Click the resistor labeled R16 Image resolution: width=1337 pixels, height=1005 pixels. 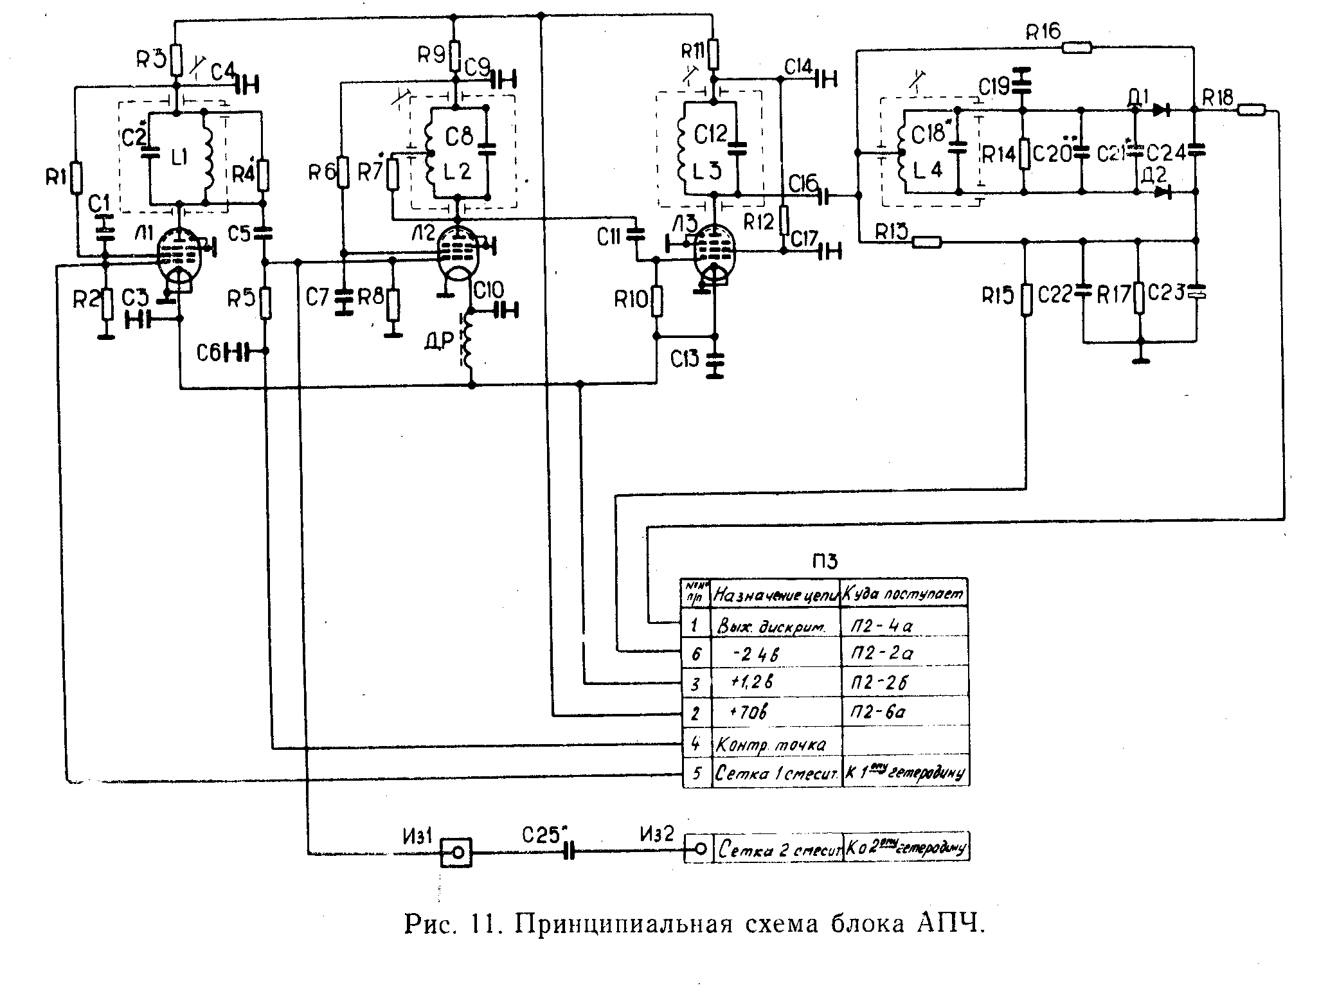click(1077, 46)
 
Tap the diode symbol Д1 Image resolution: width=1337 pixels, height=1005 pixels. click(1160, 110)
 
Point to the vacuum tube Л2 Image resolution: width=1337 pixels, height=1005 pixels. click(457, 254)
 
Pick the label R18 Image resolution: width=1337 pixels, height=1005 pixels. click(1217, 98)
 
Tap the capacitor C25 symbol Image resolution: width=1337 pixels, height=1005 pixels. click(568, 852)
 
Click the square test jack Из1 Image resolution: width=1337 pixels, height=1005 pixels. click(456, 853)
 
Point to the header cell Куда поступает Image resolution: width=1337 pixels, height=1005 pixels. click(903, 594)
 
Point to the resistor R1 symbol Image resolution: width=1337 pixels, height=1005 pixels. click(77, 178)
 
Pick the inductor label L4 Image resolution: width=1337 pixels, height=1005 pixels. click(928, 171)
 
